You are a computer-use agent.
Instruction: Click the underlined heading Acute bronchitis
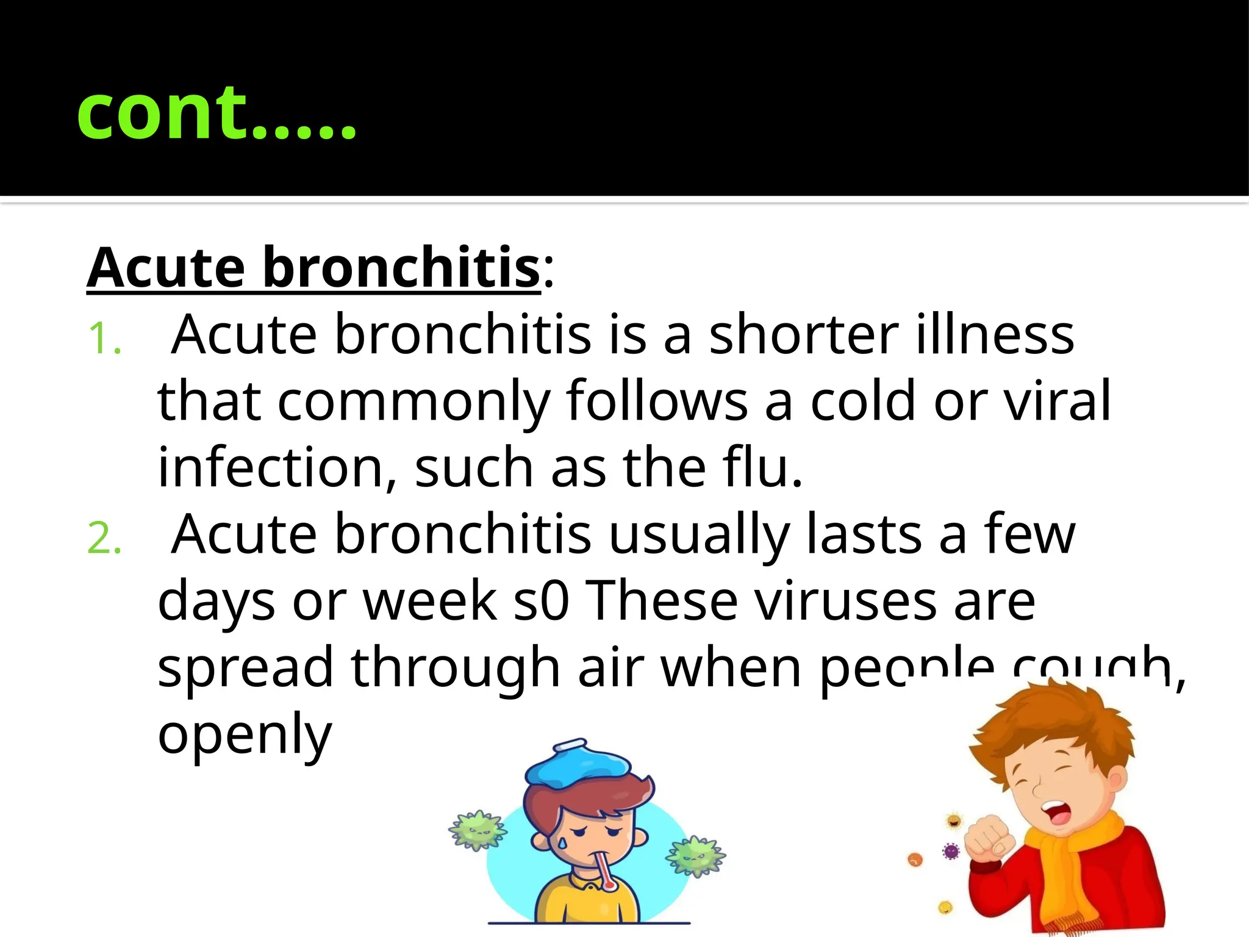click(x=313, y=268)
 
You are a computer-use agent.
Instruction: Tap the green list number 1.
click(x=104, y=339)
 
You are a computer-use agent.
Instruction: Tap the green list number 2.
click(x=104, y=539)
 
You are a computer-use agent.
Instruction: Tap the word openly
click(x=245, y=736)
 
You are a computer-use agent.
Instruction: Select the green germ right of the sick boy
click(x=695, y=857)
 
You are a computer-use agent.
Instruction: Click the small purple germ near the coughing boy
click(x=950, y=850)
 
